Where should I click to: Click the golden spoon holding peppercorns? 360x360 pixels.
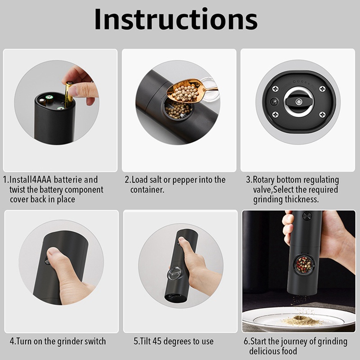coord(184,90)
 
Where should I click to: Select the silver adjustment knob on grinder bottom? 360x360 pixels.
coord(297,100)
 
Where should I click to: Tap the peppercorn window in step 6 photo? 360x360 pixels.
coord(305,265)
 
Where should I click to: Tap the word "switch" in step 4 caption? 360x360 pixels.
coord(93,341)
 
